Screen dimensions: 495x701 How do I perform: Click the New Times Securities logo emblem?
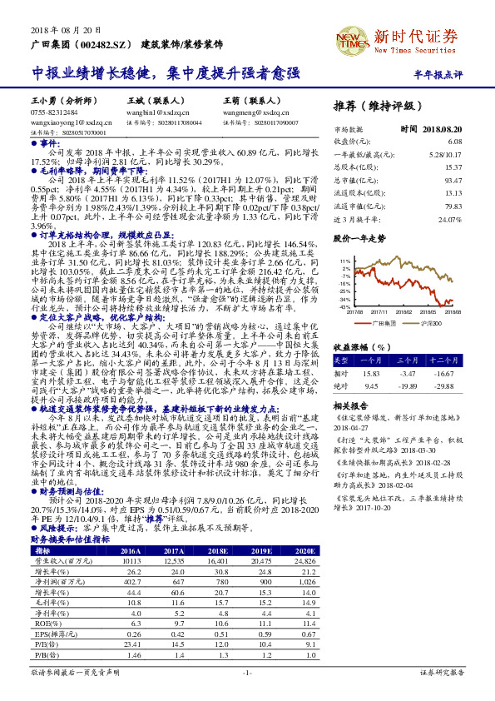[352, 39]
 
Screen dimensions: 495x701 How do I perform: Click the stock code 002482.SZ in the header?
[106, 42]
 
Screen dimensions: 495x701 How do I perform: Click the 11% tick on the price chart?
[345, 261]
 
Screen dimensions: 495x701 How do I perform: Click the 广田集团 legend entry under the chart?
[384, 323]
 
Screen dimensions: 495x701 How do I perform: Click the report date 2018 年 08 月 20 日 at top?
[67, 28]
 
